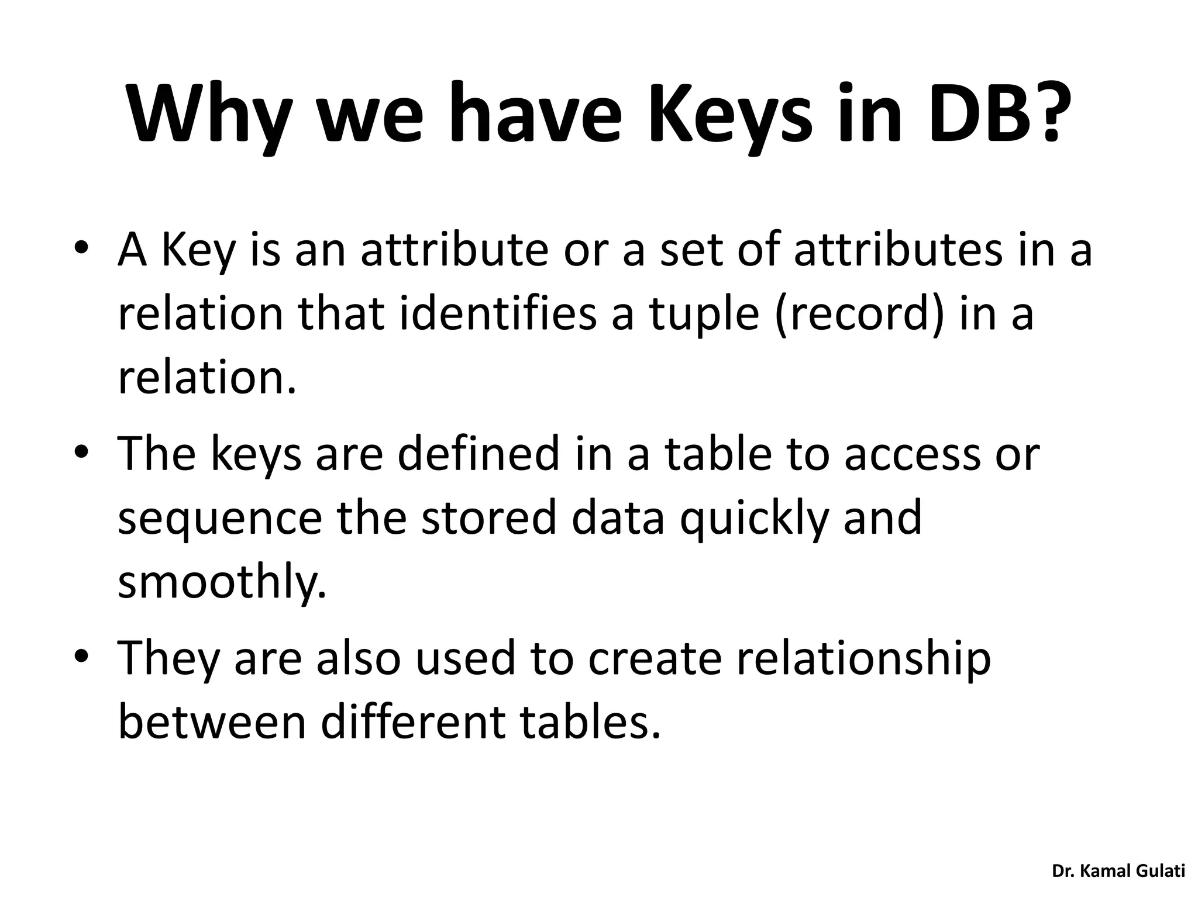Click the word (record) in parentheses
click(x=859, y=315)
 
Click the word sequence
click(x=220, y=519)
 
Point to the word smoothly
click(x=222, y=583)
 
